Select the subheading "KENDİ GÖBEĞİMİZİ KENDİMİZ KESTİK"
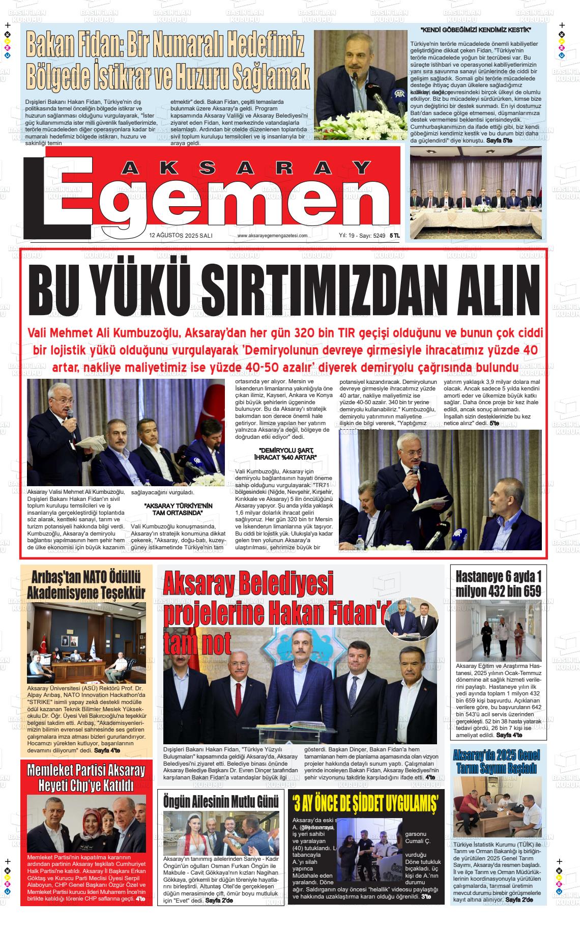tap(476, 31)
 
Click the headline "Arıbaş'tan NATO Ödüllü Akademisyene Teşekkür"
tap(86, 585)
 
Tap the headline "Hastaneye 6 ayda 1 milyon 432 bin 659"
tap(498, 584)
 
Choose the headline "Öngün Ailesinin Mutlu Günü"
tap(221, 801)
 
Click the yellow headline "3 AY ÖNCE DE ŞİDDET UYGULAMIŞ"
tap(366, 803)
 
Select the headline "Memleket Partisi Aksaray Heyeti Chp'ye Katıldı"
tap(86, 777)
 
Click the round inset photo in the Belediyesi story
tap(411, 618)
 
